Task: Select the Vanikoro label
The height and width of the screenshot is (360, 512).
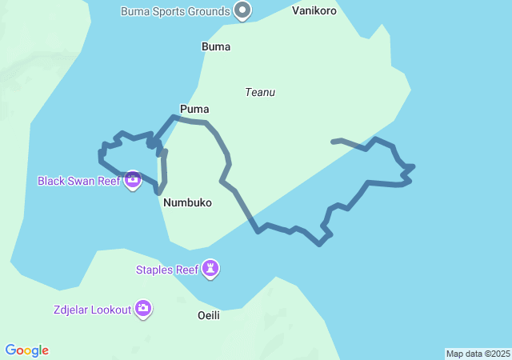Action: pos(314,11)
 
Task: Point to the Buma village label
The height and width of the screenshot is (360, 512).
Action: pos(216,46)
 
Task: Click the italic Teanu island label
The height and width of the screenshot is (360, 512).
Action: pos(260,92)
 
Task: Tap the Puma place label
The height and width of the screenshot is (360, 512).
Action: pos(194,109)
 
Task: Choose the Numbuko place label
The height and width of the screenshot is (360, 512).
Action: pos(187,202)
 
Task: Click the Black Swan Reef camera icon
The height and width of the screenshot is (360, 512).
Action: pos(133,180)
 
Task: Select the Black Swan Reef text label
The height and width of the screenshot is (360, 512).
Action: pos(79,181)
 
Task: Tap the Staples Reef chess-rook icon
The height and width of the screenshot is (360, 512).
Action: pos(210,269)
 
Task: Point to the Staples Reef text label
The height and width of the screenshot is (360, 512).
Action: pos(166,270)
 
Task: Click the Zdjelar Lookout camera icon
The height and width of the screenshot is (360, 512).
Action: pos(143,309)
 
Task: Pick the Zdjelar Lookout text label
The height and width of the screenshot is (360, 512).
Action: pos(91,310)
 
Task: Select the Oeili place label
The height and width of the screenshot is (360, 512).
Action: pos(208,315)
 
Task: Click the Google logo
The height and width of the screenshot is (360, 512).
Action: pos(27,350)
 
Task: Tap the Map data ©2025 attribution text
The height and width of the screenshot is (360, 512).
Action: pos(478,354)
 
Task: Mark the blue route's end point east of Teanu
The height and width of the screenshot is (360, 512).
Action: pos(333,142)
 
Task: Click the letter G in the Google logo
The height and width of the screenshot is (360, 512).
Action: pos(10,350)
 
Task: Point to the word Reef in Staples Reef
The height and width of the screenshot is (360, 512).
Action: pos(186,270)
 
